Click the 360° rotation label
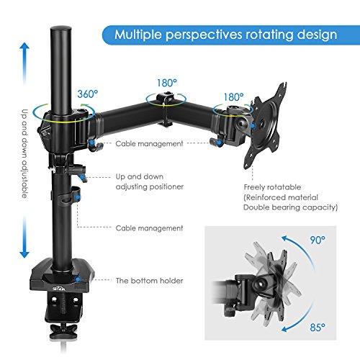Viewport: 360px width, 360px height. click(88, 94)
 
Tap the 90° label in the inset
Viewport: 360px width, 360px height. click(318, 240)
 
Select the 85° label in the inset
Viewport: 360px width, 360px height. click(318, 328)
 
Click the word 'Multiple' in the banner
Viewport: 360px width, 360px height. click(138, 35)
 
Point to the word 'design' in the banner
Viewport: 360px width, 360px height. click(317, 35)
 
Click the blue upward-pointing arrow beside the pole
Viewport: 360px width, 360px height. click(24, 63)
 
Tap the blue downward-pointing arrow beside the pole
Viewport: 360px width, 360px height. click(24, 237)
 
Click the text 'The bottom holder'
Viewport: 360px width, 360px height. click(149, 281)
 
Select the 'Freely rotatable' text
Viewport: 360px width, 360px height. click(272, 187)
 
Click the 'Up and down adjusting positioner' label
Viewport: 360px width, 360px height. click(150, 181)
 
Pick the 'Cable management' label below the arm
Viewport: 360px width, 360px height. click(149, 144)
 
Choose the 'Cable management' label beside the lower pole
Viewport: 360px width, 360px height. click(149, 228)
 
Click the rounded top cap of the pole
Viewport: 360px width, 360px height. click(61, 30)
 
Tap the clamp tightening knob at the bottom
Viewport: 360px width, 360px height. click(63, 330)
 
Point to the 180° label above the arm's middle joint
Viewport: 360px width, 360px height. click(167, 84)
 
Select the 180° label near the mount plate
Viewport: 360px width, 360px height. click(233, 97)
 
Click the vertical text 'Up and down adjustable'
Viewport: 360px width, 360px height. click(24, 153)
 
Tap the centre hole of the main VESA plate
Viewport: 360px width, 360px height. click(262, 124)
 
